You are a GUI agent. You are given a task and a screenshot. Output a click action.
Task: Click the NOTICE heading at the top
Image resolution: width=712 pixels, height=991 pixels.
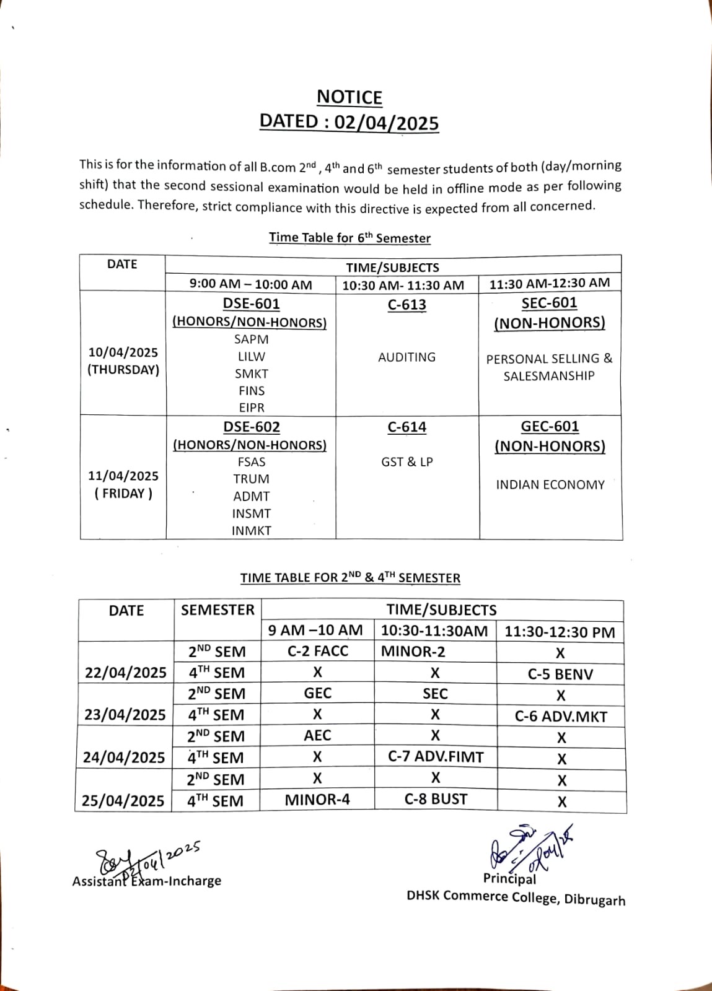coord(349,97)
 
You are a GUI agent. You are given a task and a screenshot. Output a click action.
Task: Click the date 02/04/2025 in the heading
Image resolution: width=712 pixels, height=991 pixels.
coord(386,122)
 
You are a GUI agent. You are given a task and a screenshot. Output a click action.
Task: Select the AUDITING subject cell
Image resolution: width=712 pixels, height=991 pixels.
coord(407,357)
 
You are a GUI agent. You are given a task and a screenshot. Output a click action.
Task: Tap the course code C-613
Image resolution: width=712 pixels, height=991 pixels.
coord(407,305)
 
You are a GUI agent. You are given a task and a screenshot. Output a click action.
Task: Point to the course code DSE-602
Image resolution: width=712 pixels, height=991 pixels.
coord(251,427)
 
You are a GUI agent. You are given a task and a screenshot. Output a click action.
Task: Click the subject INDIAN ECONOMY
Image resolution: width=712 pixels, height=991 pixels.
coord(550,485)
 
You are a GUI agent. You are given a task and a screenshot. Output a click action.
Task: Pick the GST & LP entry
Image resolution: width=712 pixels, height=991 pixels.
coord(407,462)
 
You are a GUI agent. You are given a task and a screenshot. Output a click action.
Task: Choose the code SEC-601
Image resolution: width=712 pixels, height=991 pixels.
coord(549,303)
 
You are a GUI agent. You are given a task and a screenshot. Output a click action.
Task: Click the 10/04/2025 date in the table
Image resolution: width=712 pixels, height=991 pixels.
coord(123,352)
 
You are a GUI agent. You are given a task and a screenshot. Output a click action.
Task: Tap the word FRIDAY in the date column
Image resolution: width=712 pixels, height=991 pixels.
coord(123,494)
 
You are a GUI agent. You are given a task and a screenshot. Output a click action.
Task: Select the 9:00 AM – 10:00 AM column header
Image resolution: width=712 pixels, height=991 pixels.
coord(250,285)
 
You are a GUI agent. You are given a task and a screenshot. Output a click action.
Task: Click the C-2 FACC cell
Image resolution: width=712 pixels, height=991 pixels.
coord(318,651)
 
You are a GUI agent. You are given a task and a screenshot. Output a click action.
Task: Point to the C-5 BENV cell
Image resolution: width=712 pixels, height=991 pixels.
coord(560,674)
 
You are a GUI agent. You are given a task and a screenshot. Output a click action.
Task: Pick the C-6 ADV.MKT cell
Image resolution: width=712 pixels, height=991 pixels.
coord(561,717)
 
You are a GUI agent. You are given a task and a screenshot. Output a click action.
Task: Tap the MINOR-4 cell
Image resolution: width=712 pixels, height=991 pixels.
coord(317,800)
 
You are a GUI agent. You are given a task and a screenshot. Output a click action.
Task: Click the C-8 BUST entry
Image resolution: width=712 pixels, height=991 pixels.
coord(436,799)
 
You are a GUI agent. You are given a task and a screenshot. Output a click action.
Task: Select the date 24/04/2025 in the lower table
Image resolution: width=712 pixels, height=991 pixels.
coord(124,757)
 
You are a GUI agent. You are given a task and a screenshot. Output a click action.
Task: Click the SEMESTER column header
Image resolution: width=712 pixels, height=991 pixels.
coord(218,610)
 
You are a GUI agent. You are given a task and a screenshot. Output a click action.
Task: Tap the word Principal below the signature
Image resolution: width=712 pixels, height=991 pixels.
coord(509,878)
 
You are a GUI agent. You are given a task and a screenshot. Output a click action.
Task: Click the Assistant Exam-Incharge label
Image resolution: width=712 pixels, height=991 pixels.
coord(147,881)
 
